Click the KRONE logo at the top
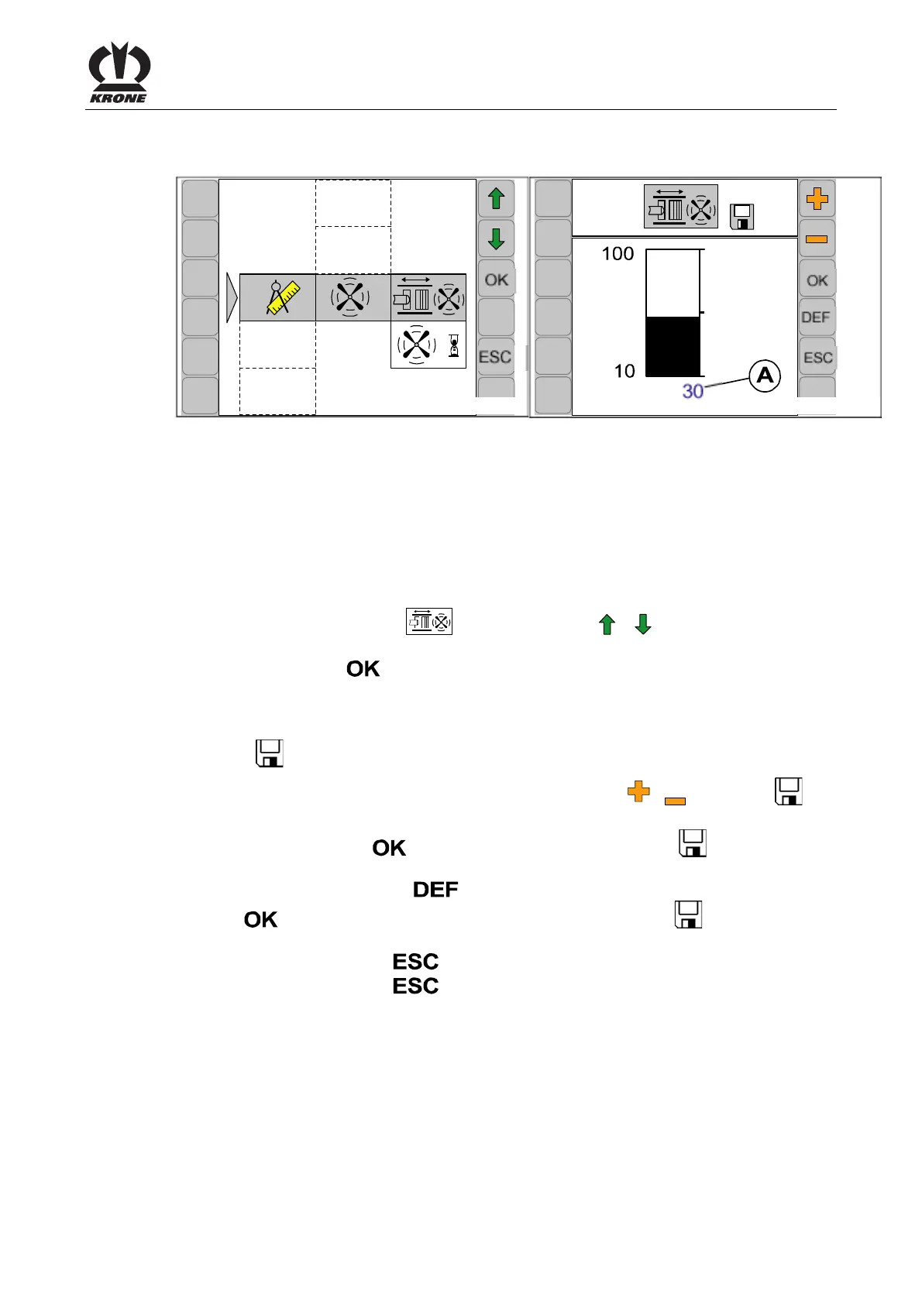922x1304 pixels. [119, 73]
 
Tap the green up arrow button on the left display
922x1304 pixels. [497, 199]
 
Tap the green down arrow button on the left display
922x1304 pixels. [497, 239]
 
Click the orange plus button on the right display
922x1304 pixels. [817, 200]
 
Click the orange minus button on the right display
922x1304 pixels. [817, 239]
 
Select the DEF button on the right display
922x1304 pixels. [816, 317]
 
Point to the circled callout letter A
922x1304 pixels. [765, 376]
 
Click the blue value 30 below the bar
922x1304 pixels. [693, 391]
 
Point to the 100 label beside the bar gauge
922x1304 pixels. [618, 254]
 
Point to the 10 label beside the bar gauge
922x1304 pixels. [624, 371]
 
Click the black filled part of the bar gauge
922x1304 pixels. [673, 346]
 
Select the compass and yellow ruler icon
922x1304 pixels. [279, 297]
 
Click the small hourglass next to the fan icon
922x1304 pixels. [454, 345]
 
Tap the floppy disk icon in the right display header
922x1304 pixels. [742, 217]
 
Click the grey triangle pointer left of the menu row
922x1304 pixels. [232, 297]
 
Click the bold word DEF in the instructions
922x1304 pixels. [435, 890]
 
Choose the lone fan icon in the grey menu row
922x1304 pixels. [351, 297]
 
